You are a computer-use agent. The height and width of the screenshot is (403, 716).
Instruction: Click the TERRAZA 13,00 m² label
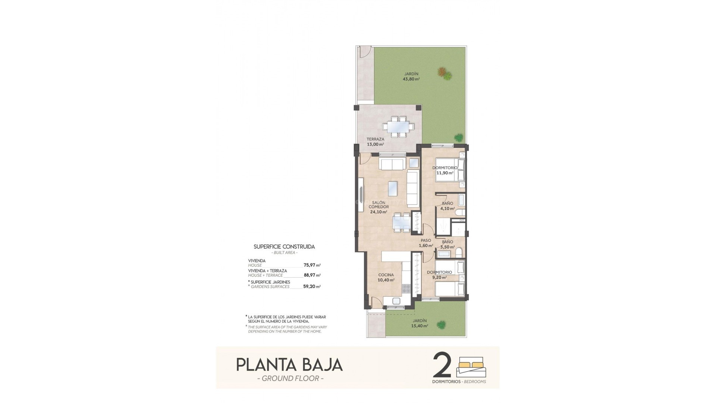pyautogui.click(x=375, y=142)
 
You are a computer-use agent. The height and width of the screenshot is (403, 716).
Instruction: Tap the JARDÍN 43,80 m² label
pyautogui.click(x=411, y=76)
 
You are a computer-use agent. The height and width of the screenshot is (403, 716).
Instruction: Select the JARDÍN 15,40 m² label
pyautogui.click(x=420, y=323)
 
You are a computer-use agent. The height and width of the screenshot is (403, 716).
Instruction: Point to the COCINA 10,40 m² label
pyautogui.click(x=386, y=277)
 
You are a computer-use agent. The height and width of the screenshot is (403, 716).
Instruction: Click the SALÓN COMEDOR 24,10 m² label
pyautogui.click(x=379, y=207)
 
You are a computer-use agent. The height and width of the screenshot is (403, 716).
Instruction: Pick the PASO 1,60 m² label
pyautogui.click(x=425, y=243)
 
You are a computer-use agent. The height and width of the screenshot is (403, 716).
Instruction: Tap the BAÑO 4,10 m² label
pyautogui.click(x=447, y=206)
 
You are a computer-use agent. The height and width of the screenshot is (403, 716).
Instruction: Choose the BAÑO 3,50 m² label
pyautogui.click(x=447, y=244)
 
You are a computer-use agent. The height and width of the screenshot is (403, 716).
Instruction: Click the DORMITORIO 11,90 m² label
pyautogui.click(x=443, y=170)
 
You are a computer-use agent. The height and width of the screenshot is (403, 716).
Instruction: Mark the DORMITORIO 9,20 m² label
pyautogui.click(x=439, y=275)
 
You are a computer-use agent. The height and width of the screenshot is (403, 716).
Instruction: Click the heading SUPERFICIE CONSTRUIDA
pyautogui.click(x=284, y=247)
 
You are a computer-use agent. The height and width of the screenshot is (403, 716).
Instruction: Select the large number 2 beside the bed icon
pyautogui.click(x=442, y=366)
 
